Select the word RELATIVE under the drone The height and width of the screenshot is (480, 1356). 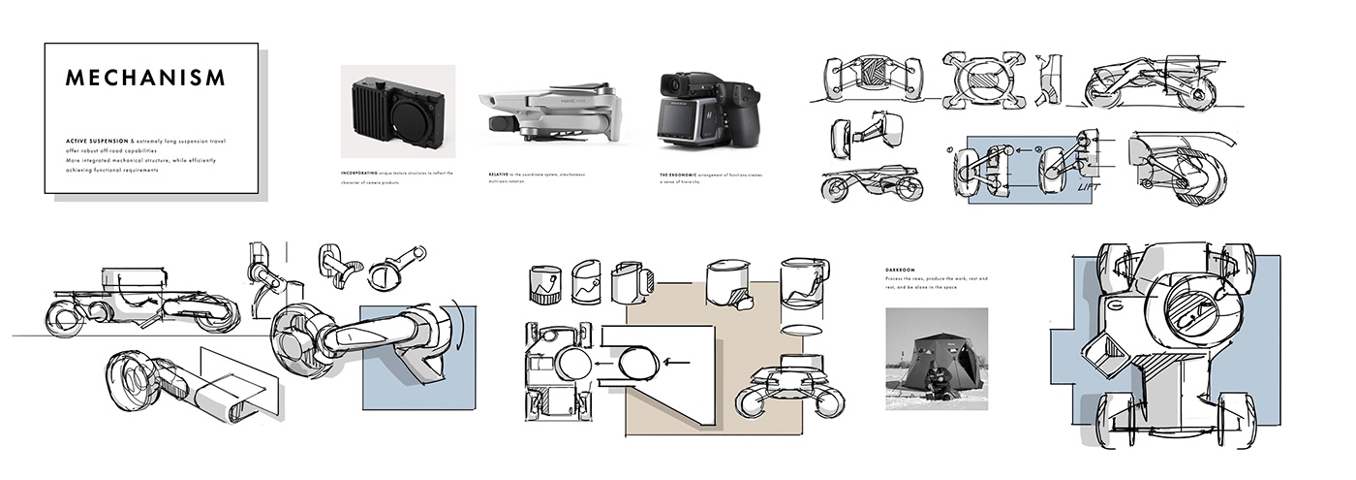499,174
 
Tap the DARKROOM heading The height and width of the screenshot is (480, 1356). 902,270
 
